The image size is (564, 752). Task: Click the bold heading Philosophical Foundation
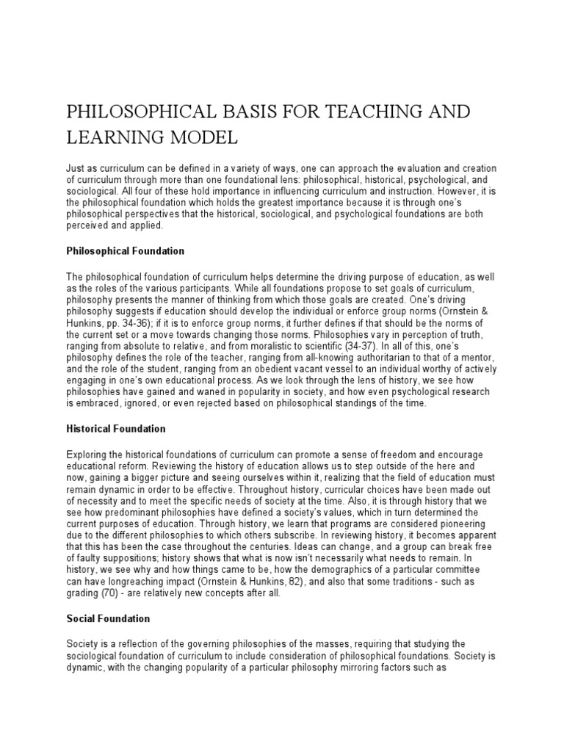[x=126, y=251]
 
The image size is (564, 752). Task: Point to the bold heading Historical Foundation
[x=116, y=428]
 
